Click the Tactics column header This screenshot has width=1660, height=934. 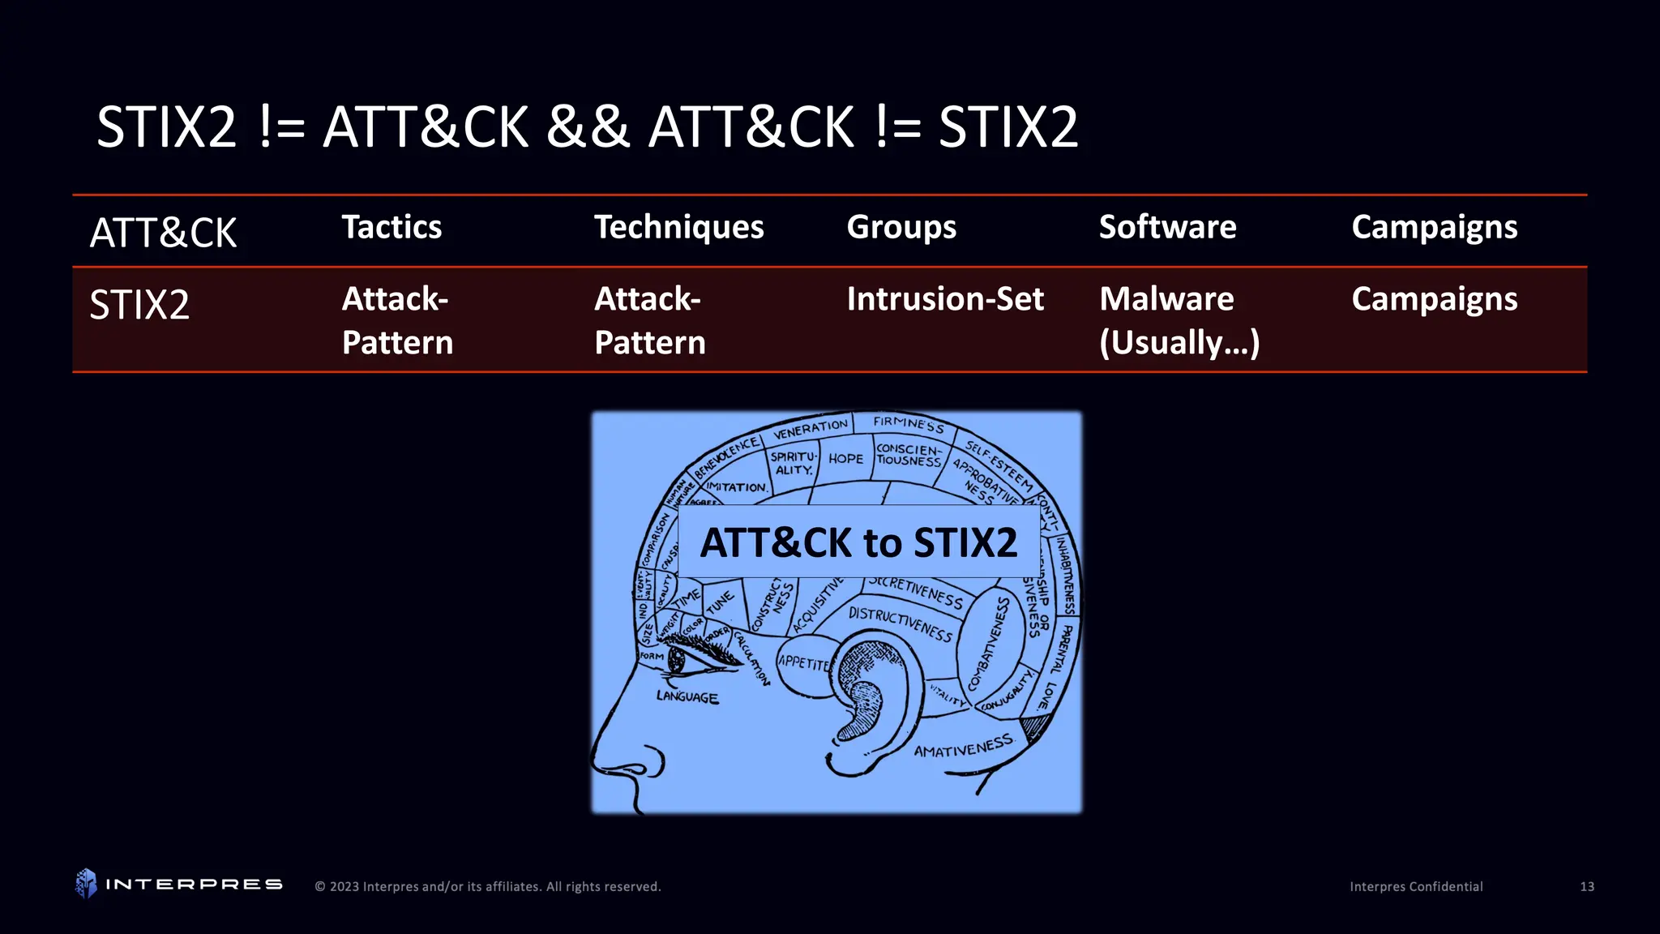391,228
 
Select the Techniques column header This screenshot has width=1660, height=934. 678,228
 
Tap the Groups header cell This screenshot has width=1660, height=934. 901,228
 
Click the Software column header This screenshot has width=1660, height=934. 1167,228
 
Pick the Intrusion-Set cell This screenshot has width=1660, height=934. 945,299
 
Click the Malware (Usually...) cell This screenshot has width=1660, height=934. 1179,320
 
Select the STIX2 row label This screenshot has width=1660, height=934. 139,306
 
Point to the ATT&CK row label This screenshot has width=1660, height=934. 163,233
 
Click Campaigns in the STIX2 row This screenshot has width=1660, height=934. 1434,300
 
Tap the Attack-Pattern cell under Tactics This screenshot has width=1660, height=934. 397,320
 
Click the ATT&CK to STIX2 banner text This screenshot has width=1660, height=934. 858,542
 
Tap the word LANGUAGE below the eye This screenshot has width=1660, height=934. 687,696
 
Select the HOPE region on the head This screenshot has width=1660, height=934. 845,459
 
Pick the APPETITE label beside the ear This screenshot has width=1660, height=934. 804,663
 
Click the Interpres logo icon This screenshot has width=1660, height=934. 86,884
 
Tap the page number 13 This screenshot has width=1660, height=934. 1586,887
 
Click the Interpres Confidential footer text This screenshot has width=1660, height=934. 1416,887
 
